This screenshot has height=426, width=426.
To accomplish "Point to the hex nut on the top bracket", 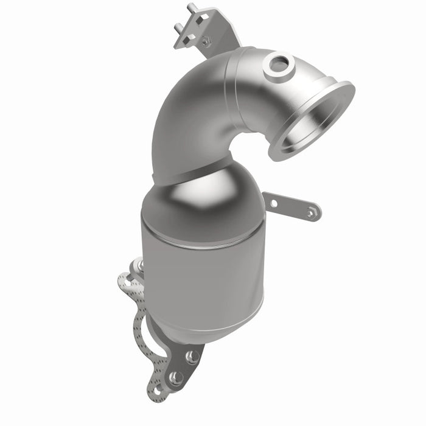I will pyautogui.click(x=206, y=42).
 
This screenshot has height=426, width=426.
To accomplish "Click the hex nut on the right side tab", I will pyautogui.click(x=312, y=212).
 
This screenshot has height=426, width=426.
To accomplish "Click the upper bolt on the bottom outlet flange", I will pyautogui.click(x=192, y=357).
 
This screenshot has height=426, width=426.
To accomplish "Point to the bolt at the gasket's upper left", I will pyautogui.click(x=139, y=265).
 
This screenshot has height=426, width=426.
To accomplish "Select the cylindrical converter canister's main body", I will pyautogui.click(x=201, y=274).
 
